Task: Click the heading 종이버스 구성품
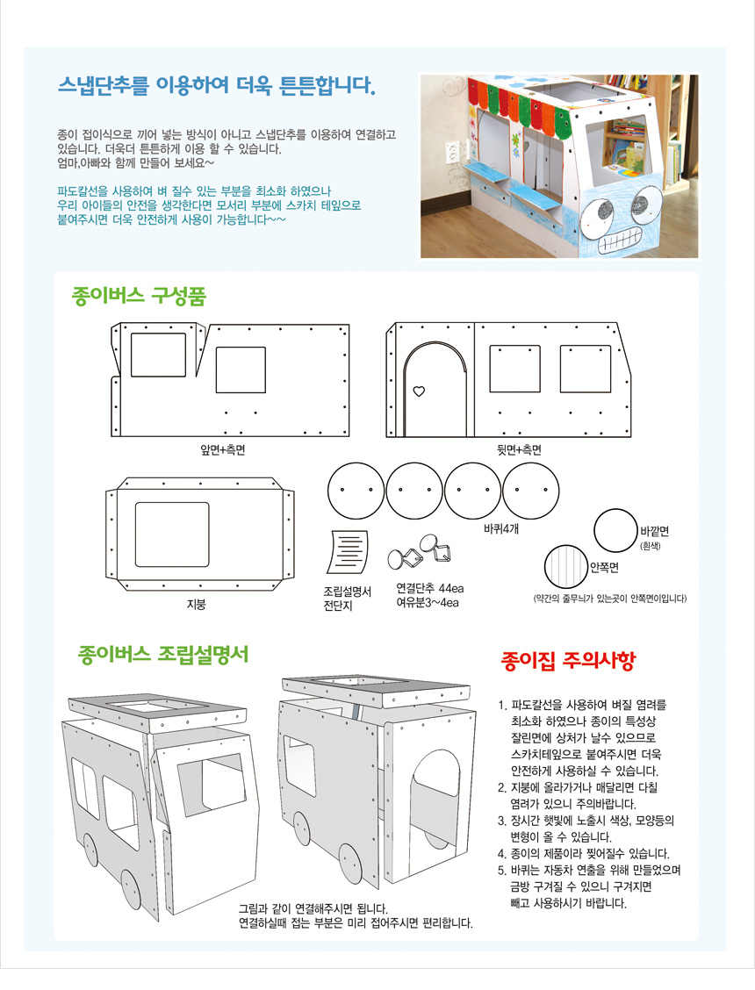point(139,296)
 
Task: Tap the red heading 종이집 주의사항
point(568,660)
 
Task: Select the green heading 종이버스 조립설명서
point(163,654)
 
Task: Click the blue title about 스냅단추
point(217,84)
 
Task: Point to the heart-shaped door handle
point(419,391)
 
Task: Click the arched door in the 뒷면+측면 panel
point(405,379)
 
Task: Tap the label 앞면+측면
point(222,449)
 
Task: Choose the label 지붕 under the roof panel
point(197,604)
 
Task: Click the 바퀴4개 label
point(501,528)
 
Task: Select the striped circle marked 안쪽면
point(566,566)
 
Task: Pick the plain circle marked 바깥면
point(615,530)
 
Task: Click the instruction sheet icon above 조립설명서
point(348,551)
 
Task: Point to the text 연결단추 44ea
point(429,588)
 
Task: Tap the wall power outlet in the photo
point(452,152)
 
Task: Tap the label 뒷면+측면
point(519,449)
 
